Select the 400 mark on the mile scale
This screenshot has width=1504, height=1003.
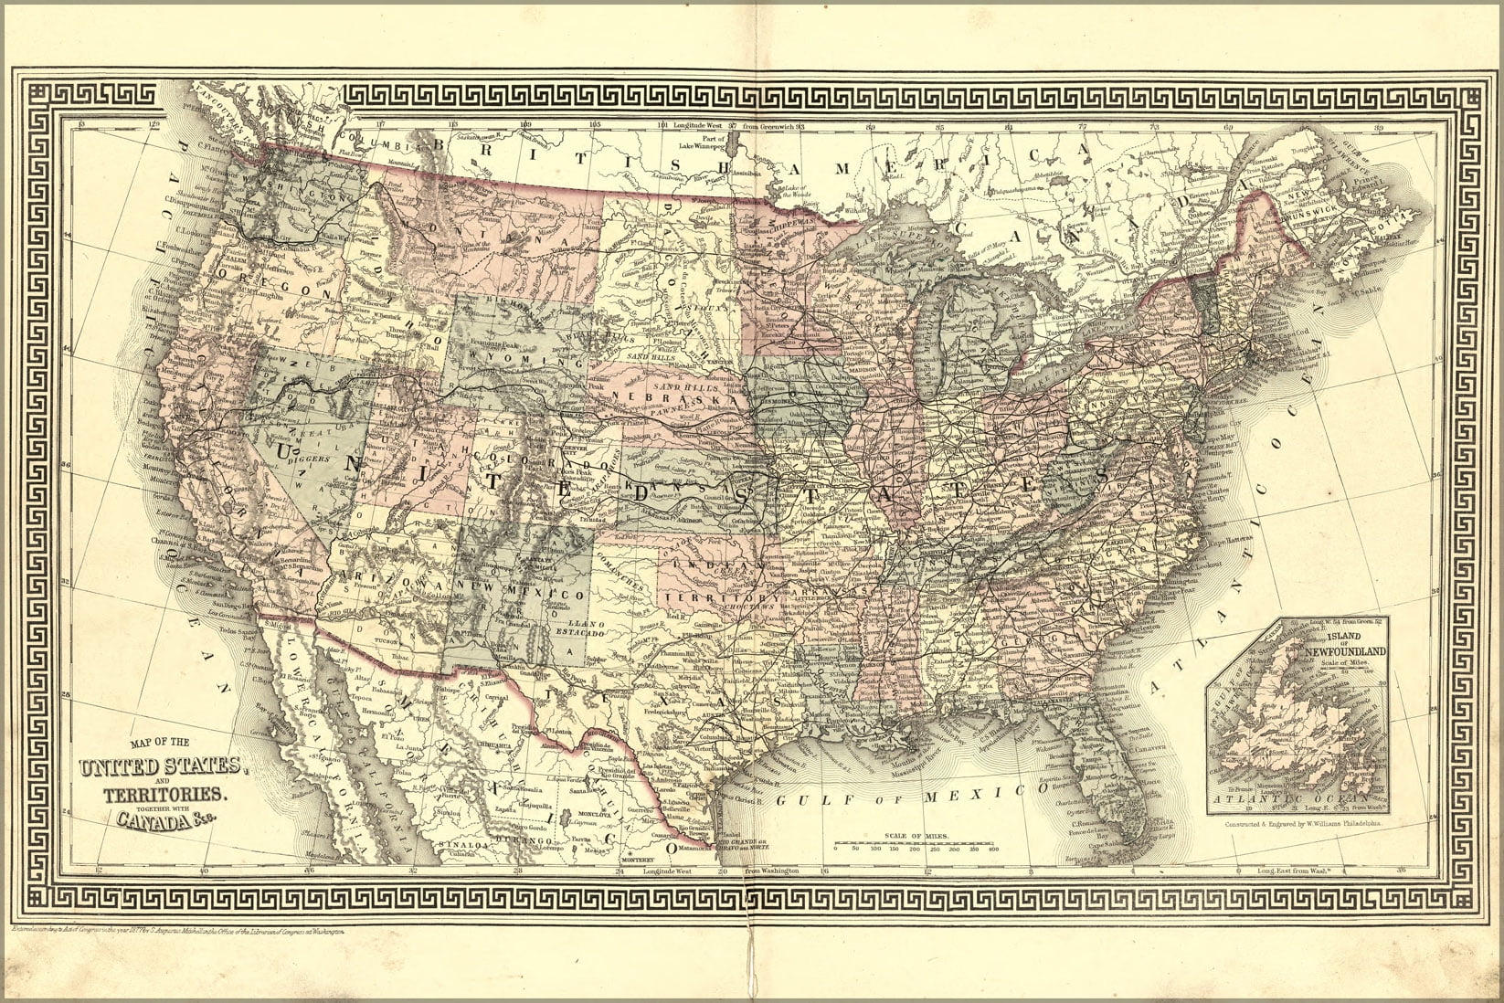point(993,849)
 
